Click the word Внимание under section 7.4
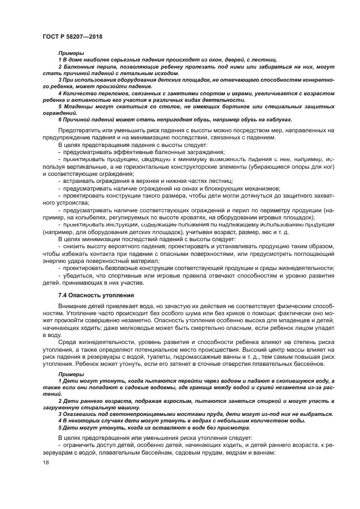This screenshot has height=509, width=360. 72,306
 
